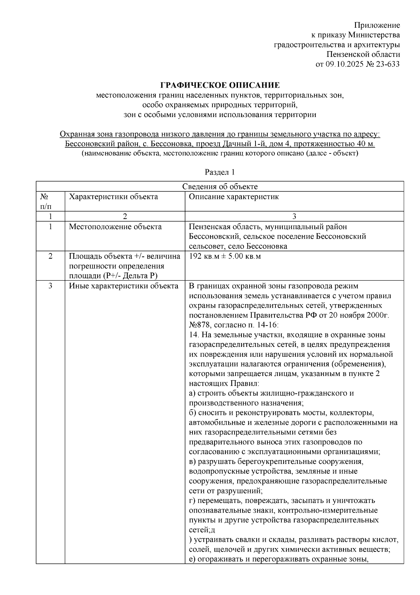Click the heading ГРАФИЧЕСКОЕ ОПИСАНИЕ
point(220,85)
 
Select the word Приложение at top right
point(377,25)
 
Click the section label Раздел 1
point(219,172)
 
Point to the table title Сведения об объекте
point(220,186)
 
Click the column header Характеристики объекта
point(113,197)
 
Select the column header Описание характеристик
point(234,197)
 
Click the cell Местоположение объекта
point(115,227)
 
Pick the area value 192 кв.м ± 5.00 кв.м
point(225,257)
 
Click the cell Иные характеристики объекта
point(123,286)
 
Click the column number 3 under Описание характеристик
point(294,216)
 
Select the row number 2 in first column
point(50,257)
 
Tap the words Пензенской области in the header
point(363,54)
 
